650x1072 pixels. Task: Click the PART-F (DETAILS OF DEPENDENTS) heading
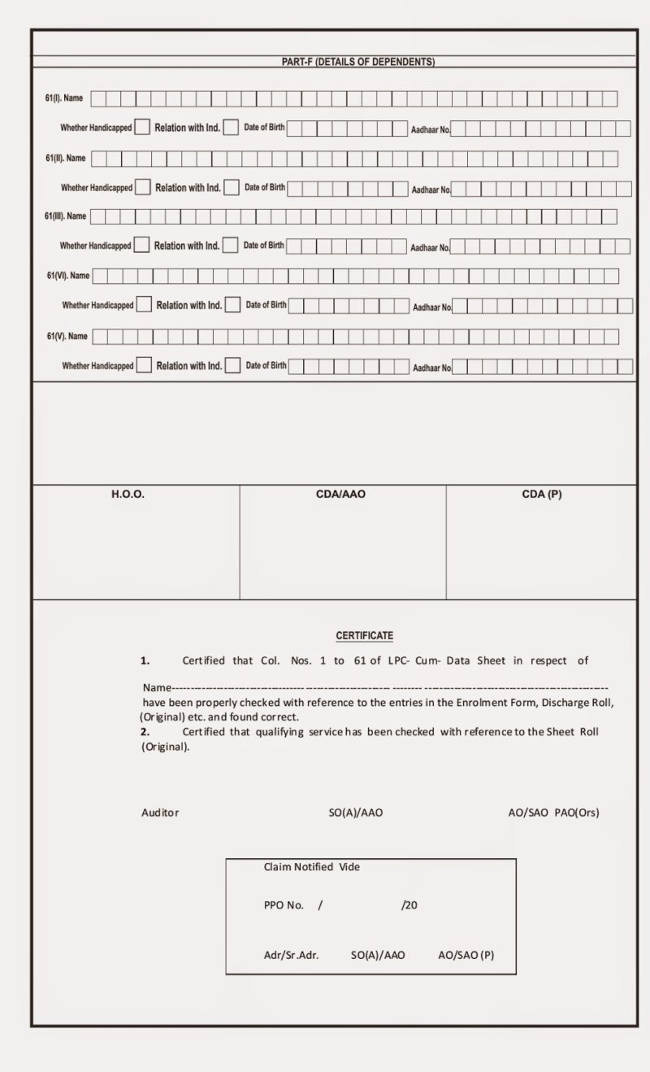[357, 62]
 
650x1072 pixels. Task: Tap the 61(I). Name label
[63, 98]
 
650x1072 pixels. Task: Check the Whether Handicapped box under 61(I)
[142, 127]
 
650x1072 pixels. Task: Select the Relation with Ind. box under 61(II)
[232, 187]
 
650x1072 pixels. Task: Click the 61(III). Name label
[65, 216]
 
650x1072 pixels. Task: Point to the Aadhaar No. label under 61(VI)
[432, 307]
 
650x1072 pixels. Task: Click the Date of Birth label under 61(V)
[266, 365]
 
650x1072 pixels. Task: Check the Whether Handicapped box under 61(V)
[144, 365]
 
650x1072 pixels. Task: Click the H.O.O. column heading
[128, 495]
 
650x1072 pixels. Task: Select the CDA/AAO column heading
[340, 495]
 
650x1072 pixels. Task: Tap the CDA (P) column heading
[541, 495]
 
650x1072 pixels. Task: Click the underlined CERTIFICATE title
[364, 635]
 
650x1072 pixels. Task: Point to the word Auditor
[160, 813]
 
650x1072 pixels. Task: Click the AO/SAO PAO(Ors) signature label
[553, 813]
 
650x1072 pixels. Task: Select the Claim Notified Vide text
[311, 867]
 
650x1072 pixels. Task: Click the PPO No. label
[284, 904]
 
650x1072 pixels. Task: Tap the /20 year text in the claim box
[409, 904]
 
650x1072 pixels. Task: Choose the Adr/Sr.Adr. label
[291, 956]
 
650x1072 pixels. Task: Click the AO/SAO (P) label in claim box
[466, 956]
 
